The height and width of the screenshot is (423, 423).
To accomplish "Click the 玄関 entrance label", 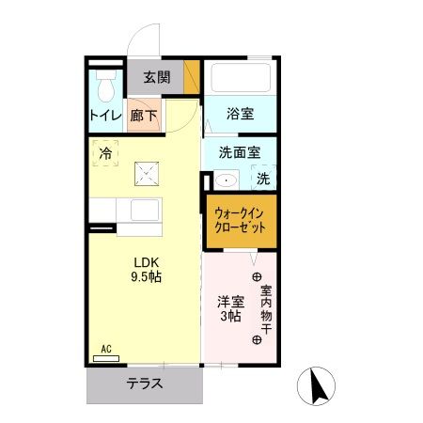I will pyautogui.click(x=156, y=78).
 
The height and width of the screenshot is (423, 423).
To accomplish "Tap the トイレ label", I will pyautogui.click(x=104, y=116).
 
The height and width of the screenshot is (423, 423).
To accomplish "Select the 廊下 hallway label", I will pyautogui.click(x=145, y=116).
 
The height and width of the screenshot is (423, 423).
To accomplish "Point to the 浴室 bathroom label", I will pyautogui.click(x=241, y=115).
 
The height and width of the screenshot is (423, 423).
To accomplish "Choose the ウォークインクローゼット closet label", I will pyautogui.click(x=241, y=220).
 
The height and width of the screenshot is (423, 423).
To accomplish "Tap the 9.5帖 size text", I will pyautogui.click(x=144, y=278).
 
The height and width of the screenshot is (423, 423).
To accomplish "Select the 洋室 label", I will pyautogui.click(x=231, y=301).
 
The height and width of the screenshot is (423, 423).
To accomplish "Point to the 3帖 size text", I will pyautogui.click(x=231, y=316).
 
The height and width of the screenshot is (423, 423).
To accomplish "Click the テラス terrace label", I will pyautogui.click(x=146, y=384).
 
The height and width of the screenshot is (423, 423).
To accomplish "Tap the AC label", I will pyautogui.click(x=105, y=349).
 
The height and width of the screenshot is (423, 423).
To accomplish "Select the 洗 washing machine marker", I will pyautogui.click(x=264, y=179).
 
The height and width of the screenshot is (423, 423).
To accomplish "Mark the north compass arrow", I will pyautogui.click(x=317, y=384).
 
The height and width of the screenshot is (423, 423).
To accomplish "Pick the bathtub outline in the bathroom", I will pyautogui.click(x=241, y=77).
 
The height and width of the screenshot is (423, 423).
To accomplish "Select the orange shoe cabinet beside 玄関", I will pyautogui.click(x=193, y=77).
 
